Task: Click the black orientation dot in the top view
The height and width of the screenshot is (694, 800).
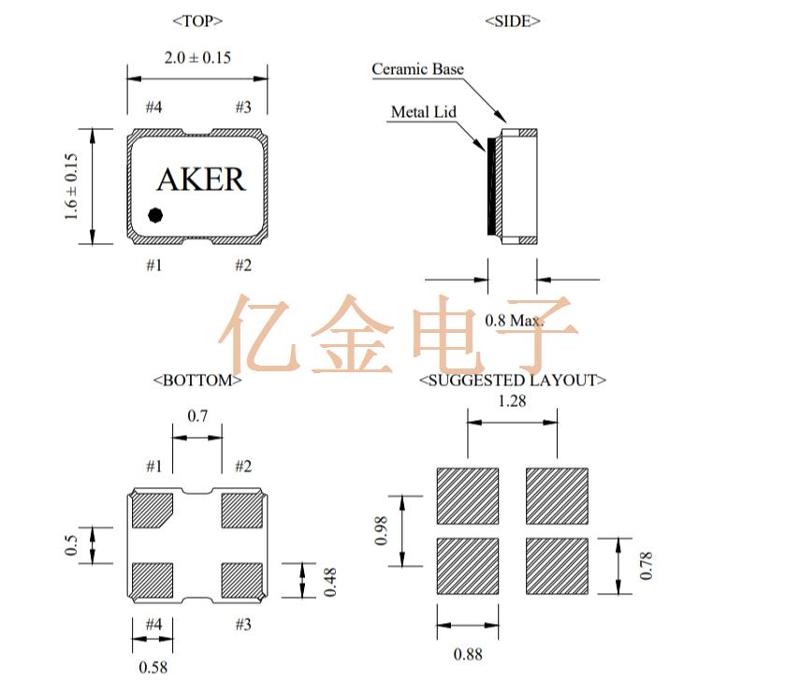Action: pos(156,214)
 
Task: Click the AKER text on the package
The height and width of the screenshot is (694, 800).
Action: pos(200,179)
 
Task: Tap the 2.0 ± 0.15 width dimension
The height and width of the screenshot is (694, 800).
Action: pos(197,58)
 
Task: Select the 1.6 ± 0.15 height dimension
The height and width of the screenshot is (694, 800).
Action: pos(72,186)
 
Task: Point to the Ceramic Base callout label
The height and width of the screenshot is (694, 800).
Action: pos(417,69)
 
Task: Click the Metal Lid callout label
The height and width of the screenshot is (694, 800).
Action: pos(423,112)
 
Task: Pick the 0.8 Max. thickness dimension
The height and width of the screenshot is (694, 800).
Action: pos(514,321)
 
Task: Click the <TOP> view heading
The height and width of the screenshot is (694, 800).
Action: pos(197,21)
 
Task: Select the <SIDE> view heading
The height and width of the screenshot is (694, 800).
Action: pos(513,21)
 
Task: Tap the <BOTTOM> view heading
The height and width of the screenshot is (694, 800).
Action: pos(197,381)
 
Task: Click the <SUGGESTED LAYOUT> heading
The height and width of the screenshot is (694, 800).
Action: pos(513,381)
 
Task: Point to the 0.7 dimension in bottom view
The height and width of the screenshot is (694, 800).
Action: pos(197,416)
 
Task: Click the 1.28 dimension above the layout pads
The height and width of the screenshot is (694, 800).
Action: pos(513,401)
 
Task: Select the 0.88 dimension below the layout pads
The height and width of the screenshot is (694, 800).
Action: pos(468,655)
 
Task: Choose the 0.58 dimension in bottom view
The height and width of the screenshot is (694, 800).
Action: pos(153,668)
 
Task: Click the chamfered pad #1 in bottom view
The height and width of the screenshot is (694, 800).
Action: pos(151,510)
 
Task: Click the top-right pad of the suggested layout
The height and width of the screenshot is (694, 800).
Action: pos(557,497)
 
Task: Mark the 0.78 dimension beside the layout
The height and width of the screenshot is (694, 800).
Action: pos(647,566)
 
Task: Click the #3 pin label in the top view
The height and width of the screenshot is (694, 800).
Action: pos(242,108)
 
